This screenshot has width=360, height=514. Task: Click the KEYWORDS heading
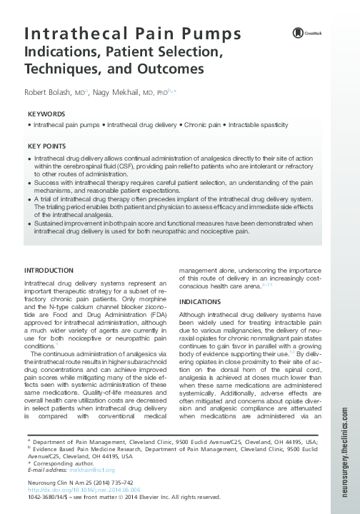click(46, 114)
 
